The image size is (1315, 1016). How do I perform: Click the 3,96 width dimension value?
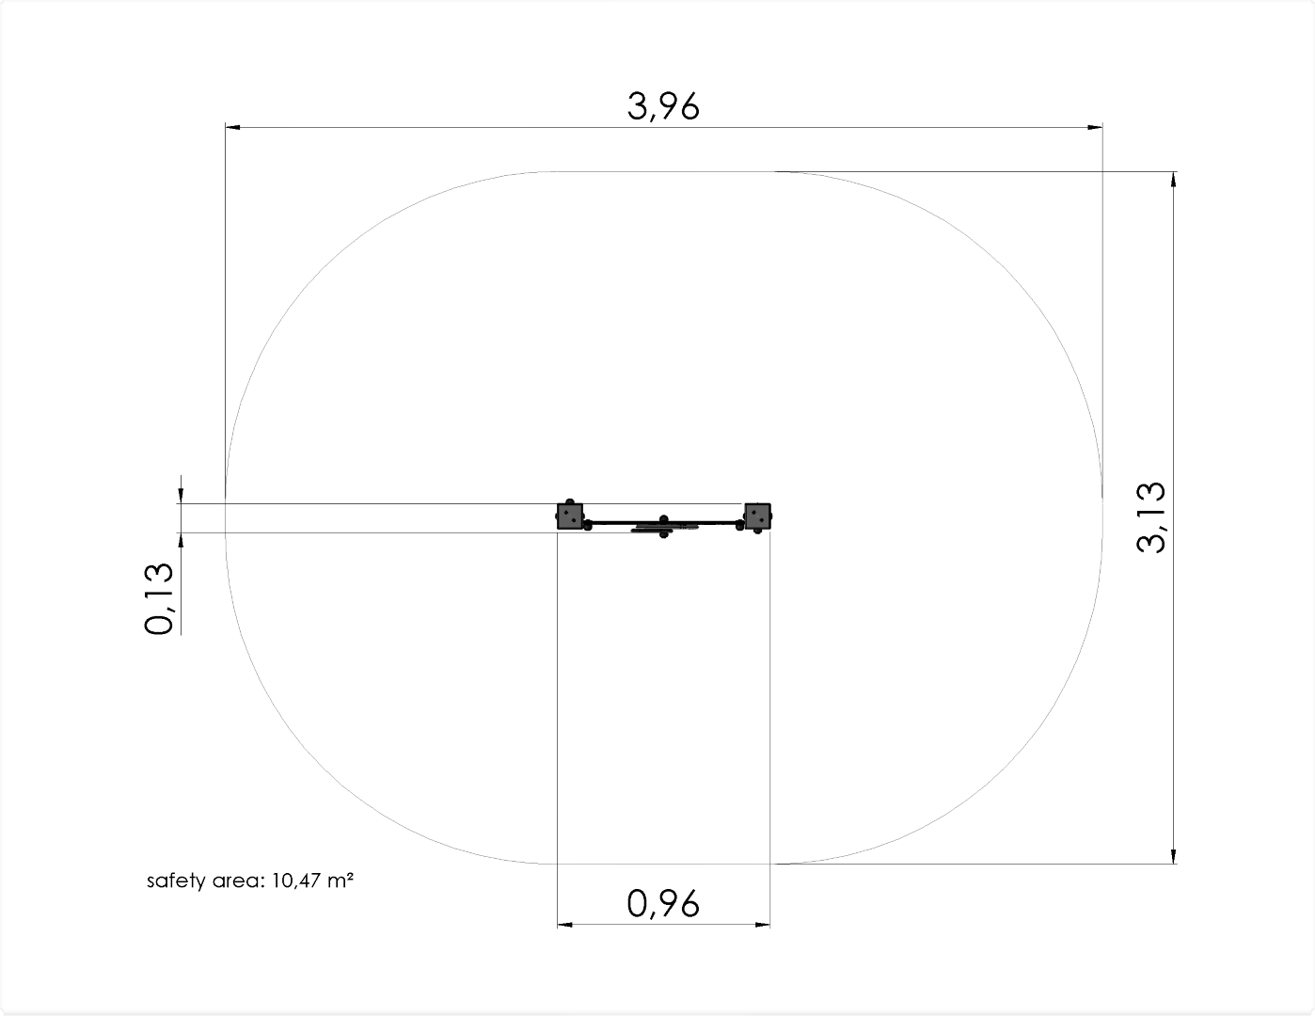[x=663, y=106]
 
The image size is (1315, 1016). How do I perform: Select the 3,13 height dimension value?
[x=1150, y=517]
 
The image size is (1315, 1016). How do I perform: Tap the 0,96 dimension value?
[x=663, y=904]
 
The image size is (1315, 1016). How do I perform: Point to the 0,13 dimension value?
[x=159, y=598]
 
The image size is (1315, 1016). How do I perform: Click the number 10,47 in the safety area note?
[x=296, y=881]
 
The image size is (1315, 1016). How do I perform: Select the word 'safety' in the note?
[x=176, y=881]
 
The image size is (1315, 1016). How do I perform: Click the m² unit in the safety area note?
[x=341, y=880]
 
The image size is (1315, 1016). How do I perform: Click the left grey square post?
[x=570, y=516]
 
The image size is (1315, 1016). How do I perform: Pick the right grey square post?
[x=757, y=516]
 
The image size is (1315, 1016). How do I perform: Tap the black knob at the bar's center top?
[x=664, y=519]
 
